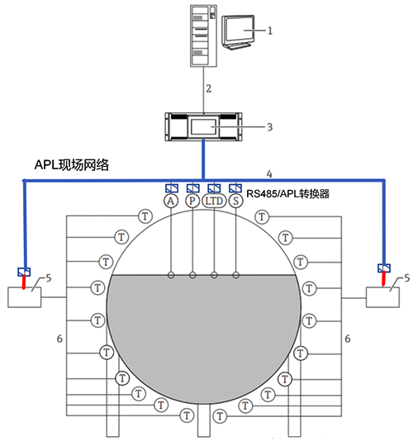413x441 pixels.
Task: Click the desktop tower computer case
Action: coord(202,35)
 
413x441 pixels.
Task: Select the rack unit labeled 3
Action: coord(203,126)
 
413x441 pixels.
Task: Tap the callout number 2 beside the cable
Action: coord(210,87)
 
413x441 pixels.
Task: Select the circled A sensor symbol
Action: coord(171,201)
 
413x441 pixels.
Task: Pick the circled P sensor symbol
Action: coord(192,201)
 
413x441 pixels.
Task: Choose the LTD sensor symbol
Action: coord(215,201)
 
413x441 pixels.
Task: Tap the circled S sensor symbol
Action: coord(235,201)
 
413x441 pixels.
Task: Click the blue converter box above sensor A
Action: coord(171,187)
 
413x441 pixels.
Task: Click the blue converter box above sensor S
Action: coord(235,187)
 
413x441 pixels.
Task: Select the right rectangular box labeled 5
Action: coord(386,296)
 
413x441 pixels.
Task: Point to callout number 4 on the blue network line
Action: coord(268,173)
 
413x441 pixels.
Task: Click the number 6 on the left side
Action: coord(59,339)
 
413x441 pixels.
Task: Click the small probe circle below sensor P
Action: coord(192,275)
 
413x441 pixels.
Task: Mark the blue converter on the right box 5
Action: coord(383,268)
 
